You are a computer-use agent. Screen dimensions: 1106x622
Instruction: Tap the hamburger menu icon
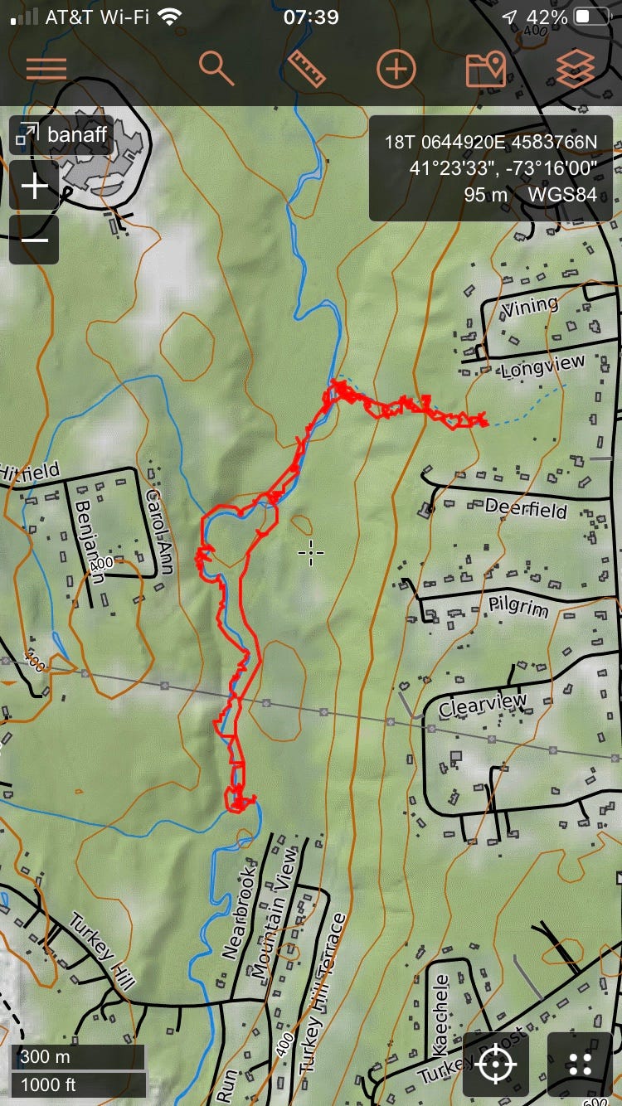[x=46, y=69]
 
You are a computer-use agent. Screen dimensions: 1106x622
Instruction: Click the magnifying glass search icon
[x=217, y=69]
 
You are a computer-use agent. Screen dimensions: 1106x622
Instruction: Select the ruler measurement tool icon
[x=306, y=69]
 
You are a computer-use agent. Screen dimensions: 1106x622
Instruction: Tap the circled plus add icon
[x=396, y=69]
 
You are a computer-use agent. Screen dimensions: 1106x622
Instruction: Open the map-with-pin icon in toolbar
[x=486, y=69]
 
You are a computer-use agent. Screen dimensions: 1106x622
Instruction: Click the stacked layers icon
[x=576, y=69]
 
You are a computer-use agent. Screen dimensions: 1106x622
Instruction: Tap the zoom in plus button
[x=35, y=187]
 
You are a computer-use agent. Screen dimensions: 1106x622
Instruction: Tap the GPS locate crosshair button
[x=496, y=1064]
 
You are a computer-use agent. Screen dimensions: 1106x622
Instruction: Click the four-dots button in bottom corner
[x=581, y=1064]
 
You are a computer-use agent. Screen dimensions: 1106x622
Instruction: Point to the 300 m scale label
[x=46, y=1057]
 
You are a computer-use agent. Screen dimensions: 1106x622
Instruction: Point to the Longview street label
[x=543, y=366]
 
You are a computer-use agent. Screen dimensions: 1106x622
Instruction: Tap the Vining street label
[x=530, y=306]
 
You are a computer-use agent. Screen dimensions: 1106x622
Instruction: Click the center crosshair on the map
[x=311, y=552]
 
